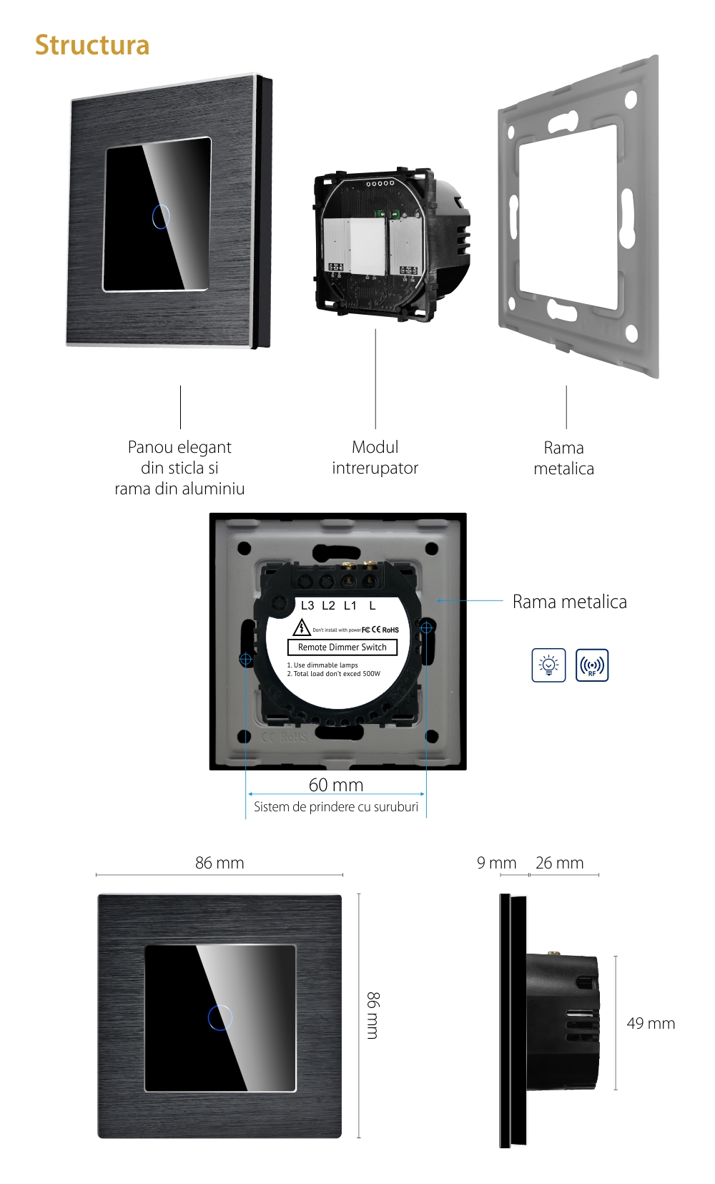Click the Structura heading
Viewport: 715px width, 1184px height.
pyautogui.click(x=92, y=45)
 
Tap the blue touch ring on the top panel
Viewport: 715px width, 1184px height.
pyautogui.click(x=161, y=216)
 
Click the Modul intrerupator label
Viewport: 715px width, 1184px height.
pyautogui.click(x=375, y=458)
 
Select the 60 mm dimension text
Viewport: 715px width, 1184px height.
pyautogui.click(x=336, y=785)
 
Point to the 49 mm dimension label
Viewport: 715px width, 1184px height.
pyautogui.click(x=651, y=1024)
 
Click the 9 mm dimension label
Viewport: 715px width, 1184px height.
pyautogui.click(x=496, y=863)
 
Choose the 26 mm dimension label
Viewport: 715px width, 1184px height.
pyautogui.click(x=559, y=863)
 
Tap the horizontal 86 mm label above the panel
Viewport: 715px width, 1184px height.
pyautogui.click(x=220, y=863)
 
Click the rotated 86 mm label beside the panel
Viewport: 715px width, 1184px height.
pyautogui.click(x=373, y=1015)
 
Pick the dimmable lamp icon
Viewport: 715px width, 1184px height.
pyautogui.click(x=548, y=665)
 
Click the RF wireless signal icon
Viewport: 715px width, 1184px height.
pyautogui.click(x=592, y=665)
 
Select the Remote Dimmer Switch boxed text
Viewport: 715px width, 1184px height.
pyautogui.click(x=342, y=647)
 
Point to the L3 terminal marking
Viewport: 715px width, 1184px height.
pyautogui.click(x=307, y=605)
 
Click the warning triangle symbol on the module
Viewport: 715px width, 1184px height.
pyautogui.click(x=302, y=628)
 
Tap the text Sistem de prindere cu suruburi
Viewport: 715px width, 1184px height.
pyautogui.click(x=336, y=807)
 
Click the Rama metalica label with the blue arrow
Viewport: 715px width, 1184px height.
pyautogui.click(x=569, y=602)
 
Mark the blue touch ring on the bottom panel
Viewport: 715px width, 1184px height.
pyautogui.click(x=220, y=1017)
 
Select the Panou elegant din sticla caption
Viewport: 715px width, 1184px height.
pyautogui.click(x=179, y=468)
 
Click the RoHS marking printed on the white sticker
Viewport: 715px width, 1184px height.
pyautogui.click(x=390, y=630)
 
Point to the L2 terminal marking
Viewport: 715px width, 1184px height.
pyautogui.click(x=328, y=605)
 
